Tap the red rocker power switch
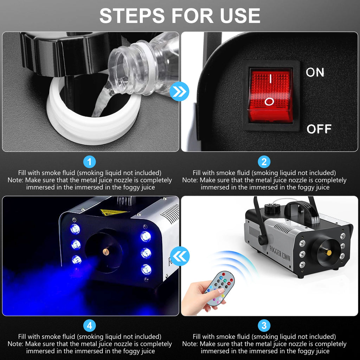(x=270, y=95)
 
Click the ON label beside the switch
(x=315, y=72)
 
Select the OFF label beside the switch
(x=319, y=129)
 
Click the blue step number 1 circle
(x=90, y=162)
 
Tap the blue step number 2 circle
(x=264, y=162)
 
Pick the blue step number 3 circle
(x=264, y=326)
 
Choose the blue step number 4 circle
(x=90, y=326)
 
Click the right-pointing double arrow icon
(x=179, y=92)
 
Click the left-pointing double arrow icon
(x=179, y=256)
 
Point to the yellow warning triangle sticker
(x=114, y=212)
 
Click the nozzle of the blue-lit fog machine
(x=105, y=251)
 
